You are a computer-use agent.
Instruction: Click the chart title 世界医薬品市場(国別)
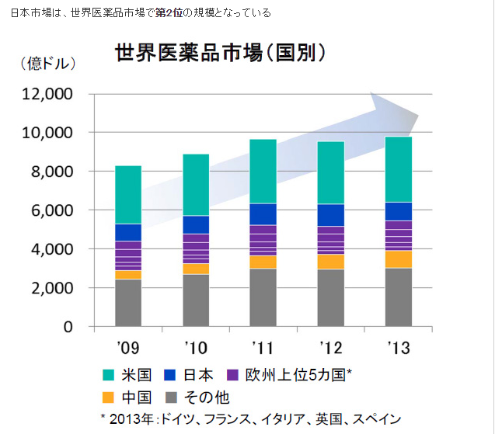[x=220, y=54]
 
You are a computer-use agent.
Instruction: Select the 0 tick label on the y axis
[x=68, y=327]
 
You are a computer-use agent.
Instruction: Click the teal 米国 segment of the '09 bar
[x=128, y=194]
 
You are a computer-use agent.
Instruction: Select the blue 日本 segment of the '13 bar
[x=398, y=211]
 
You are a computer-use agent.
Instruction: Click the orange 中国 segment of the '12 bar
[x=330, y=262]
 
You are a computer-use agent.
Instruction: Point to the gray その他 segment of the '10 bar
[x=196, y=300]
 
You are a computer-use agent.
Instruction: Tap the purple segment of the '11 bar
[x=263, y=240]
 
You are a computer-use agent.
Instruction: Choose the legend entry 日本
[x=198, y=376]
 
